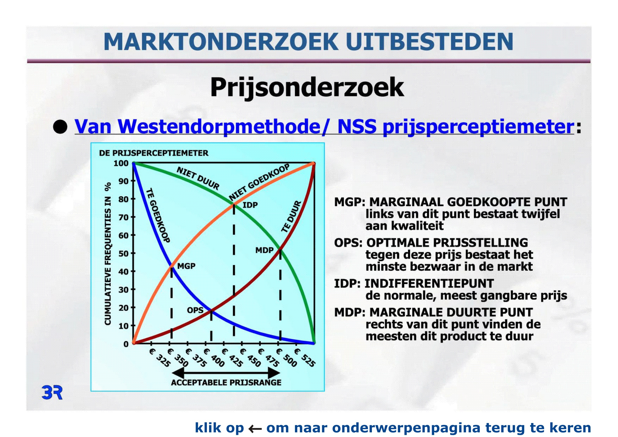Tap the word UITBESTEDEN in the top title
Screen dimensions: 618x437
point(430,42)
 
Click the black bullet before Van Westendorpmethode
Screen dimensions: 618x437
point(60,126)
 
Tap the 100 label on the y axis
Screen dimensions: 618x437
point(121,163)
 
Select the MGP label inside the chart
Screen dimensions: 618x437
point(186,266)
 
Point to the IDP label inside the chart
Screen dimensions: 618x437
point(250,205)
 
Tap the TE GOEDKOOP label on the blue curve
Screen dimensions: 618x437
point(158,215)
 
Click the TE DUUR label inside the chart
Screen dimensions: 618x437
point(292,216)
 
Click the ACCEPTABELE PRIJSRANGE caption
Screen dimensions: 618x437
point(226,382)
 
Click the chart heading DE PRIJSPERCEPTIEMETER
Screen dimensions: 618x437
point(154,153)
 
